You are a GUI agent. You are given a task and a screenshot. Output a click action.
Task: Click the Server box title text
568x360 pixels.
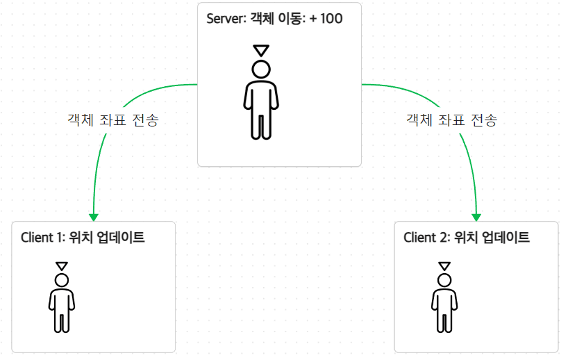tap(274, 19)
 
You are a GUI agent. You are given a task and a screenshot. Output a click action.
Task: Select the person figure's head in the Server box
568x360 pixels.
tap(261, 69)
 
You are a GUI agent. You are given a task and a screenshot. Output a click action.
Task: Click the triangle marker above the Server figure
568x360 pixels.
tap(261, 50)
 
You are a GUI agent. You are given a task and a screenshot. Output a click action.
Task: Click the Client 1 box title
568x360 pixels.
tap(83, 237)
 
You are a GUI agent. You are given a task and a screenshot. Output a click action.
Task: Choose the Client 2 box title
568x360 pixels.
tap(467, 238)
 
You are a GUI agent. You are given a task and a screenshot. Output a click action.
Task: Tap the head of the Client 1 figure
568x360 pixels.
tap(62, 279)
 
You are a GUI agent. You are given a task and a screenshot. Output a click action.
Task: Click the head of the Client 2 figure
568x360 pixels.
tap(444, 279)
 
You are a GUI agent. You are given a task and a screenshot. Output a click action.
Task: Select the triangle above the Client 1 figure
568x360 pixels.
tap(62, 265)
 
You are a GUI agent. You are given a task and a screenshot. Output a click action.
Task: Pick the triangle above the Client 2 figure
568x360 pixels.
tap(444, 265)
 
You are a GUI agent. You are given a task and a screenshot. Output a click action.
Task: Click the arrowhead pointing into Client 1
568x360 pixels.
tap(94, 216)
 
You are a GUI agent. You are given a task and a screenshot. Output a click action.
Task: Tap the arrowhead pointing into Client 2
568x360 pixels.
tap(477, 216)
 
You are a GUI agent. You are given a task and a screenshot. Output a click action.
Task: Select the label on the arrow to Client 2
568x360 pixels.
tap(451, 120)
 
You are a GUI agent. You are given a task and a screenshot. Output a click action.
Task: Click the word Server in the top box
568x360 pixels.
tap(224, 19)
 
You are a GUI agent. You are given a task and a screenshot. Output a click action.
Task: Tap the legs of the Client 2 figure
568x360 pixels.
tap(444, 320)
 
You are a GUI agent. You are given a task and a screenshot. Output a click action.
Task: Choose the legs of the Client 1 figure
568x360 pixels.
tap(62, 320)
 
